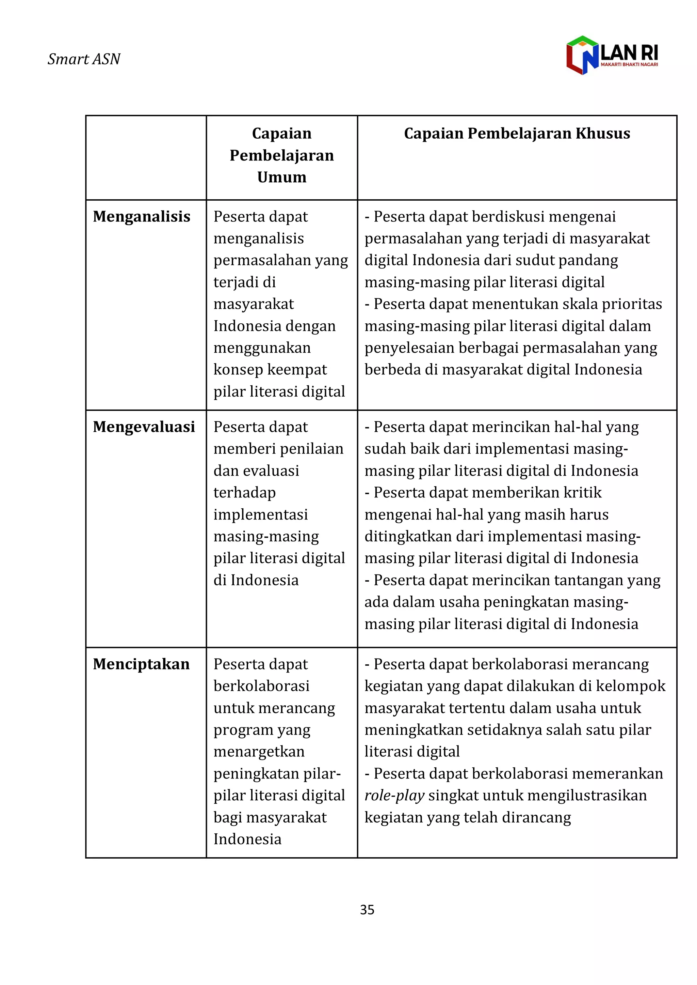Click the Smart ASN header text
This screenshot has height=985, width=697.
click(x=84, y=59)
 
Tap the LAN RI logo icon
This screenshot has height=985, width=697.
click(x=582, y=55)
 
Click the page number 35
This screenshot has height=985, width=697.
click(x=367, y=909)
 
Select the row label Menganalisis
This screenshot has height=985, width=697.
click(x=141, y=216)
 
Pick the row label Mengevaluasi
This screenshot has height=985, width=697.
click(x=144, y=427)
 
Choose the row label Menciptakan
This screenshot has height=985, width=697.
click(x=141, y=664)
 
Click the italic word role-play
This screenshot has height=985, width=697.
click(x=394, y=796)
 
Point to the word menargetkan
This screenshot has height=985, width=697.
click(x=259, y=752)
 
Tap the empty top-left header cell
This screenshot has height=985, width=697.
click(x=146, y=157)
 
